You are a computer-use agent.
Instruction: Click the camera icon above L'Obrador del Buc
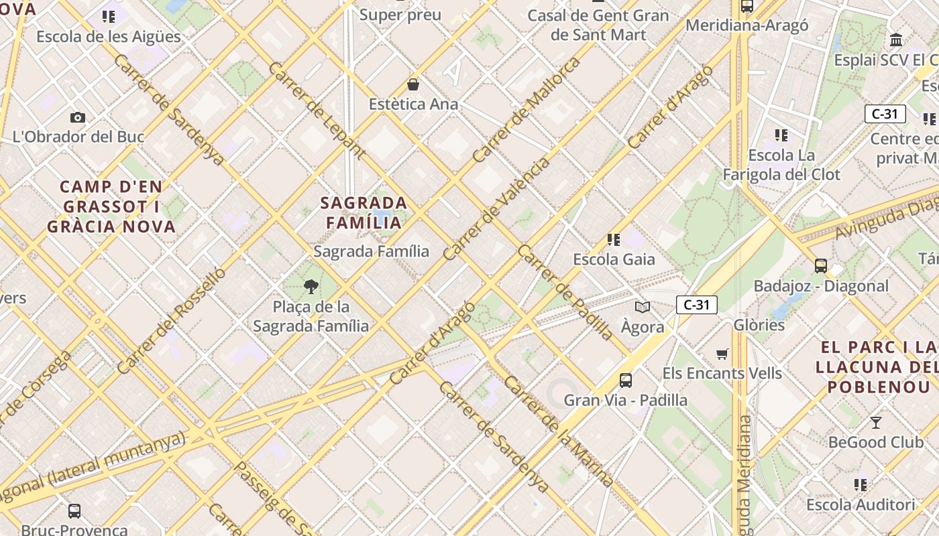tap(78, 117)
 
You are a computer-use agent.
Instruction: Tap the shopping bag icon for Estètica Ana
tap(413, 84)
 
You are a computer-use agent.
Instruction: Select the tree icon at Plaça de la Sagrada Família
tap(311, 287)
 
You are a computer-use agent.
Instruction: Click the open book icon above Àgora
tap(643, 307)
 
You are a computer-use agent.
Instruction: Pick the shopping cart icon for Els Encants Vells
tap(722, 354)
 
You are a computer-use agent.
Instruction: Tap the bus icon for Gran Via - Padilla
tap(626, 381)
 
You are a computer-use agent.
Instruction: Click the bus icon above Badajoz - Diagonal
tap(821, 266)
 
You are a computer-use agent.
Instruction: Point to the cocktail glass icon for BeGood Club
tap(875, 422)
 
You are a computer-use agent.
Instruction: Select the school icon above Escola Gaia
tap(613, 239)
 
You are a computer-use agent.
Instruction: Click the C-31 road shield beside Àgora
tap(697, 305)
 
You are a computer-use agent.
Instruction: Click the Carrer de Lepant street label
tap(316, 111)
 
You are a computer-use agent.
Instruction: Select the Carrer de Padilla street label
tap(565, 292)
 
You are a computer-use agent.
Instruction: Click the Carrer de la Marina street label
tap(558, 431)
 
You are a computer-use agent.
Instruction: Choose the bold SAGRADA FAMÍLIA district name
tap(364, 212)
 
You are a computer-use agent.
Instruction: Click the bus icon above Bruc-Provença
tap(74, 511)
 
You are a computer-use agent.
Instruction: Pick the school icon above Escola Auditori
tap(861, 484)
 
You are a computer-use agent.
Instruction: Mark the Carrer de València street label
tap(496, 208)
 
